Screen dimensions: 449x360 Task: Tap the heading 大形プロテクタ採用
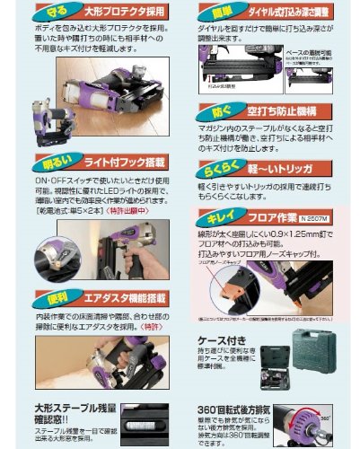pos(125,13)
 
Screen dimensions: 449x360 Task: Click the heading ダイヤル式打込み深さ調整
pos(287,13)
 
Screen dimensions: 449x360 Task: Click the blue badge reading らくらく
pos(224,171)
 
